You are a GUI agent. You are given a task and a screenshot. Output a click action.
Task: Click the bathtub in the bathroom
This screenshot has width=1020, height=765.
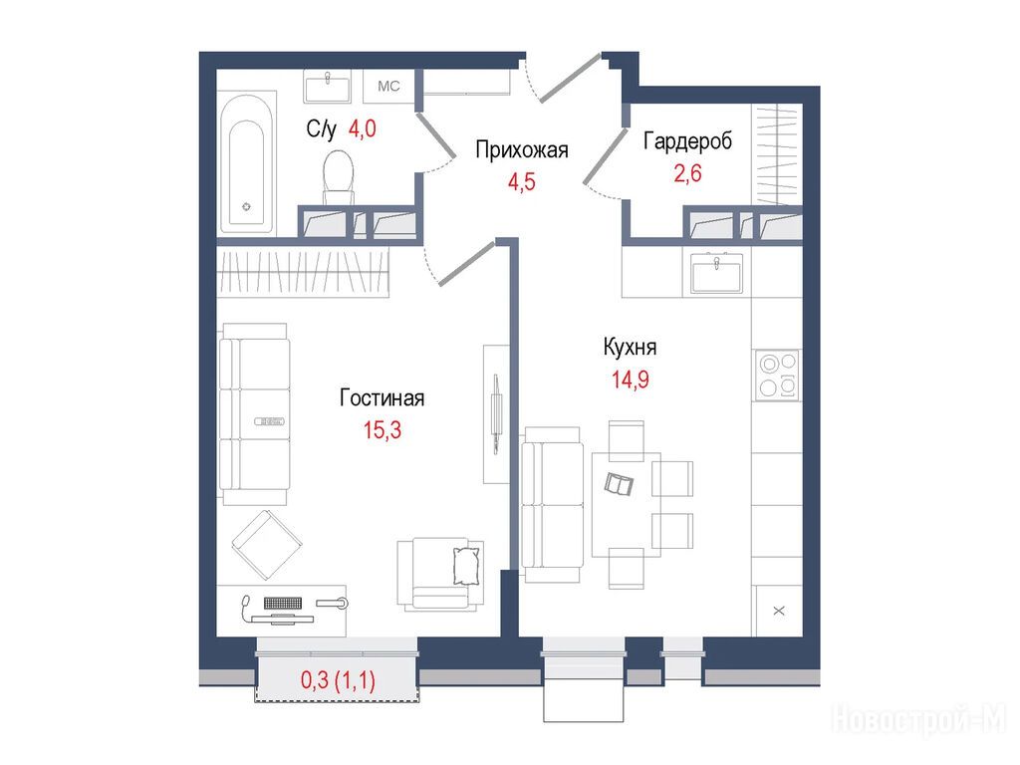[247, 163]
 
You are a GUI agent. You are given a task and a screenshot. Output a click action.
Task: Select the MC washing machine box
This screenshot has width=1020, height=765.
[389, 87]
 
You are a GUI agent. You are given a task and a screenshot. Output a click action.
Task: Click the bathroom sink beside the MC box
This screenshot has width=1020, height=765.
[328, 88]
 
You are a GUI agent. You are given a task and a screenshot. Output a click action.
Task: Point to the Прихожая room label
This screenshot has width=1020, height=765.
[522, 150]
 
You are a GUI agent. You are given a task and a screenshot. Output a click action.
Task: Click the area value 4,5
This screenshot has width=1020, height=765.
[522, 182]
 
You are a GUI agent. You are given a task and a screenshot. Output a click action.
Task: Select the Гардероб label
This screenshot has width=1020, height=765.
[687, 141]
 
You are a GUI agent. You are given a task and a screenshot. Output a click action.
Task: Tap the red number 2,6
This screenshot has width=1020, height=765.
[687, 173]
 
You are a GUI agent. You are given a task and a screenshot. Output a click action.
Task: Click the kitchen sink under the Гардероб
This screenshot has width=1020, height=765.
[717, 273]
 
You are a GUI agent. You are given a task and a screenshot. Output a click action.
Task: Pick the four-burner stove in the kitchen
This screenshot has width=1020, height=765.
[778, 376]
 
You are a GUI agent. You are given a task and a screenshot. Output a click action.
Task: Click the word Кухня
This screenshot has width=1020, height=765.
[630, 348]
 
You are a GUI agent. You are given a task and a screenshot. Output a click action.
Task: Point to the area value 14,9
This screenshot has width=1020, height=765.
[630, 380]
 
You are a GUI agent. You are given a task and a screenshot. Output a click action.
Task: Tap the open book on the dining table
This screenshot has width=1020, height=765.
[619, 484]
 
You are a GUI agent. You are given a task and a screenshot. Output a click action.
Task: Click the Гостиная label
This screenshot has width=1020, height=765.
[382, 398]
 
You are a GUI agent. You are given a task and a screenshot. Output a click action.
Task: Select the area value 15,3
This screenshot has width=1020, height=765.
[382, 430]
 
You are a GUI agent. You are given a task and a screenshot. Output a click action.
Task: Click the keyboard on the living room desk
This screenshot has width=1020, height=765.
[283, 604]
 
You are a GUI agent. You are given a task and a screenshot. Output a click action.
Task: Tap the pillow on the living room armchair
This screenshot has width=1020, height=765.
[466, 566]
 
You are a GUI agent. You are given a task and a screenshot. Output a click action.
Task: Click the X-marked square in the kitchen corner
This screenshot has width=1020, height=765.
[779, 611]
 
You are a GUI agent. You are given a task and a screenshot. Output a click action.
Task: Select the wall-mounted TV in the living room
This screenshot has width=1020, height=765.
[496, 414]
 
